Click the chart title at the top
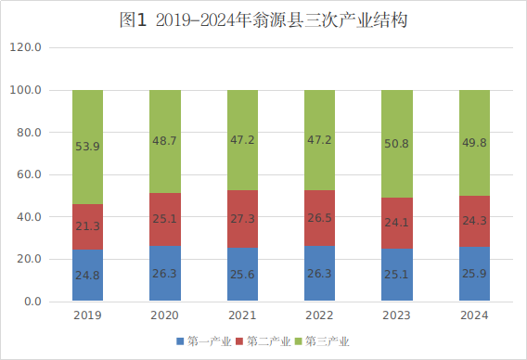point(263,19)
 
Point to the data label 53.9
point(88,147)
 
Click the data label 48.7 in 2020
point(165,141)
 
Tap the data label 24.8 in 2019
point(88,276)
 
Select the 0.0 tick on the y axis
point(32,302)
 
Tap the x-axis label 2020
point(165,315)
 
